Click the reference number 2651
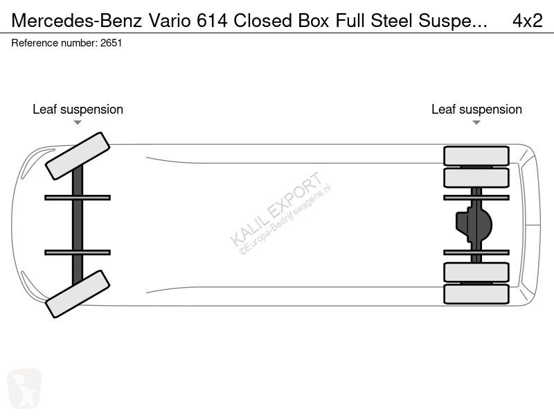[111, 43]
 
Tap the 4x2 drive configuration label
[527, 21]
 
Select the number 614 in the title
[212, 21]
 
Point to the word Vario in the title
[170, 21]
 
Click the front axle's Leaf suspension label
[78, 110]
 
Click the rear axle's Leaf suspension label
[476, 110]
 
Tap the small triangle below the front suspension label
[78, 123]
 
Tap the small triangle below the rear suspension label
[476, 123]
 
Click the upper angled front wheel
[78, 156]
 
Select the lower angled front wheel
[78, 294]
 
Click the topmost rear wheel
[476, 156]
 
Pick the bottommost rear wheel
[476, 294]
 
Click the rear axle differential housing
[474, 225]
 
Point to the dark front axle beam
[78, 225]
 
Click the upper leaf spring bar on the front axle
[78, 198]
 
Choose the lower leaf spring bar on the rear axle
[476, 252]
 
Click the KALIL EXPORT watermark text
[276, 209]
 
